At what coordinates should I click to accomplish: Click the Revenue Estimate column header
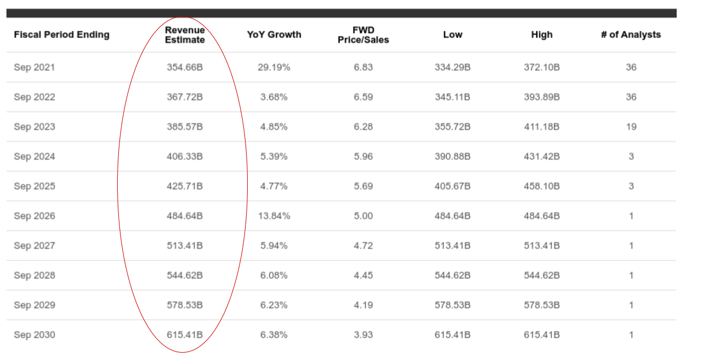pos(184,35)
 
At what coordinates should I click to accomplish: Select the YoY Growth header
pos(274,35)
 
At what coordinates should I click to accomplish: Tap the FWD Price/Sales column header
pos(363,35)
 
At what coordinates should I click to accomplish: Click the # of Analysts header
pos(631,35)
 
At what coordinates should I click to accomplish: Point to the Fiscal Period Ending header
pos(62,35)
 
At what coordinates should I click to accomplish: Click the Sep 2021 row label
pos(34,67)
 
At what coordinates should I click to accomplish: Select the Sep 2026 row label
pos(34,216)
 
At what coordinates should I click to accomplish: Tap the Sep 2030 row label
pos(34,335)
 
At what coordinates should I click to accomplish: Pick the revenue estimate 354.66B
pos(184,67)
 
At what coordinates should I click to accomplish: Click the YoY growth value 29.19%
pos(274,67)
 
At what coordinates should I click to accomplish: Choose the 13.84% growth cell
pos(274,216)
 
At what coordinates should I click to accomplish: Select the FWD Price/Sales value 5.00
pos(363,216)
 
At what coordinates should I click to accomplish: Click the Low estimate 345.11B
pos(452,97)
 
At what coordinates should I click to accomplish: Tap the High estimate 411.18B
pos(542,127)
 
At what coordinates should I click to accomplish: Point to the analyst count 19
pos(631,127)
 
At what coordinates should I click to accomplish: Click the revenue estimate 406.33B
pos(184,156)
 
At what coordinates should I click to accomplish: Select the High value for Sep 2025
pos(542,186)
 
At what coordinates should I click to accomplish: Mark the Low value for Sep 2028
pos(452,275)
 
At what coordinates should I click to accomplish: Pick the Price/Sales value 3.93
pos(363,335)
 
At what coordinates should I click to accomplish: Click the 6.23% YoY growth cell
pos(274,305)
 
